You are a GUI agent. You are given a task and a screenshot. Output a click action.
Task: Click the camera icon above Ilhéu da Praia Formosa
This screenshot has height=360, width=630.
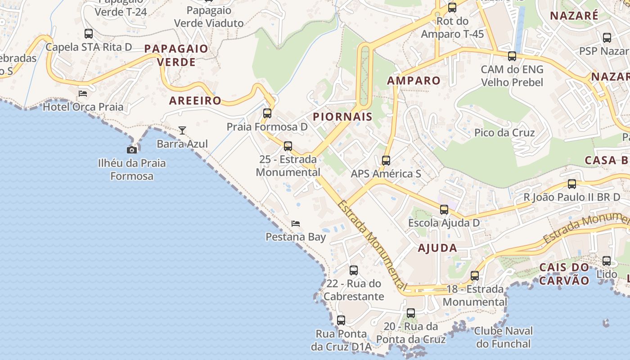point(132,150)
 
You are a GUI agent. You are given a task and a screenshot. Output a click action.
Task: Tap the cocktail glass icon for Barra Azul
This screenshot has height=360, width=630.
point(182,130)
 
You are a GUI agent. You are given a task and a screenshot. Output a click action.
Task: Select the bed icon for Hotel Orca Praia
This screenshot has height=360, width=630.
point(83,94)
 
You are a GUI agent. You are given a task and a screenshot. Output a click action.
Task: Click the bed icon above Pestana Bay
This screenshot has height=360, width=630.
point(296,223)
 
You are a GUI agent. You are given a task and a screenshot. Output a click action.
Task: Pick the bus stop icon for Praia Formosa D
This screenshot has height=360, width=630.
point(267,113)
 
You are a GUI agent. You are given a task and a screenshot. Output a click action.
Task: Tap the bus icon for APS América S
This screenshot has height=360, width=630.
point(386,161)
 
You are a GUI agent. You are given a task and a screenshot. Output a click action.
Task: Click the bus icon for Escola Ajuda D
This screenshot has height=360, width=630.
point(444,210)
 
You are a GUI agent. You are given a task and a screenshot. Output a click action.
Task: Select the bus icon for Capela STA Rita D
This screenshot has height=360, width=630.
point(89,34)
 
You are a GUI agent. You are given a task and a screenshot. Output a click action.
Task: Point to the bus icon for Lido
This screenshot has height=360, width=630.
point(607,261)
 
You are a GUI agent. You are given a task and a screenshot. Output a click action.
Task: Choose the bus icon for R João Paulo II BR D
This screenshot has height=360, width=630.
point(571,184)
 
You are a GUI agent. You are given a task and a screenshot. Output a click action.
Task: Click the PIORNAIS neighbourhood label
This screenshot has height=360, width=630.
point(342,117)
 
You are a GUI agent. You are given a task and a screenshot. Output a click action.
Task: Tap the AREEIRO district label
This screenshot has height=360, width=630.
point(195,101)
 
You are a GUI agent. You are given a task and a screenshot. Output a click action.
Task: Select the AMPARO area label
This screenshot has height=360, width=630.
point(414,81)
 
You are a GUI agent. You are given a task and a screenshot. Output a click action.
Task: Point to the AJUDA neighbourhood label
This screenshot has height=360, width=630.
point(437,248)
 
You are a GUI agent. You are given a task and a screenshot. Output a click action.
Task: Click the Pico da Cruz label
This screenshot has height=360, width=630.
point(504,133)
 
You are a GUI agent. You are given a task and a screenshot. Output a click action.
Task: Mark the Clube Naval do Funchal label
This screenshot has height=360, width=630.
point(504,337)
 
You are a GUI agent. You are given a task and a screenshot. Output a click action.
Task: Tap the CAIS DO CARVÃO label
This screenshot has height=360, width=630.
point(564,274)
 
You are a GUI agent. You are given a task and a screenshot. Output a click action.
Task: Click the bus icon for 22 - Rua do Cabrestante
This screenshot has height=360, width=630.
point(354,270)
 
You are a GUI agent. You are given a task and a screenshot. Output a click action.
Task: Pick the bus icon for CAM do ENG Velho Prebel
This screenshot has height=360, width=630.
point(512,56)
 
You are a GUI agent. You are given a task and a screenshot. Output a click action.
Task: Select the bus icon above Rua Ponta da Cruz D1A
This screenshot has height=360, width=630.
point(341,320)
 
